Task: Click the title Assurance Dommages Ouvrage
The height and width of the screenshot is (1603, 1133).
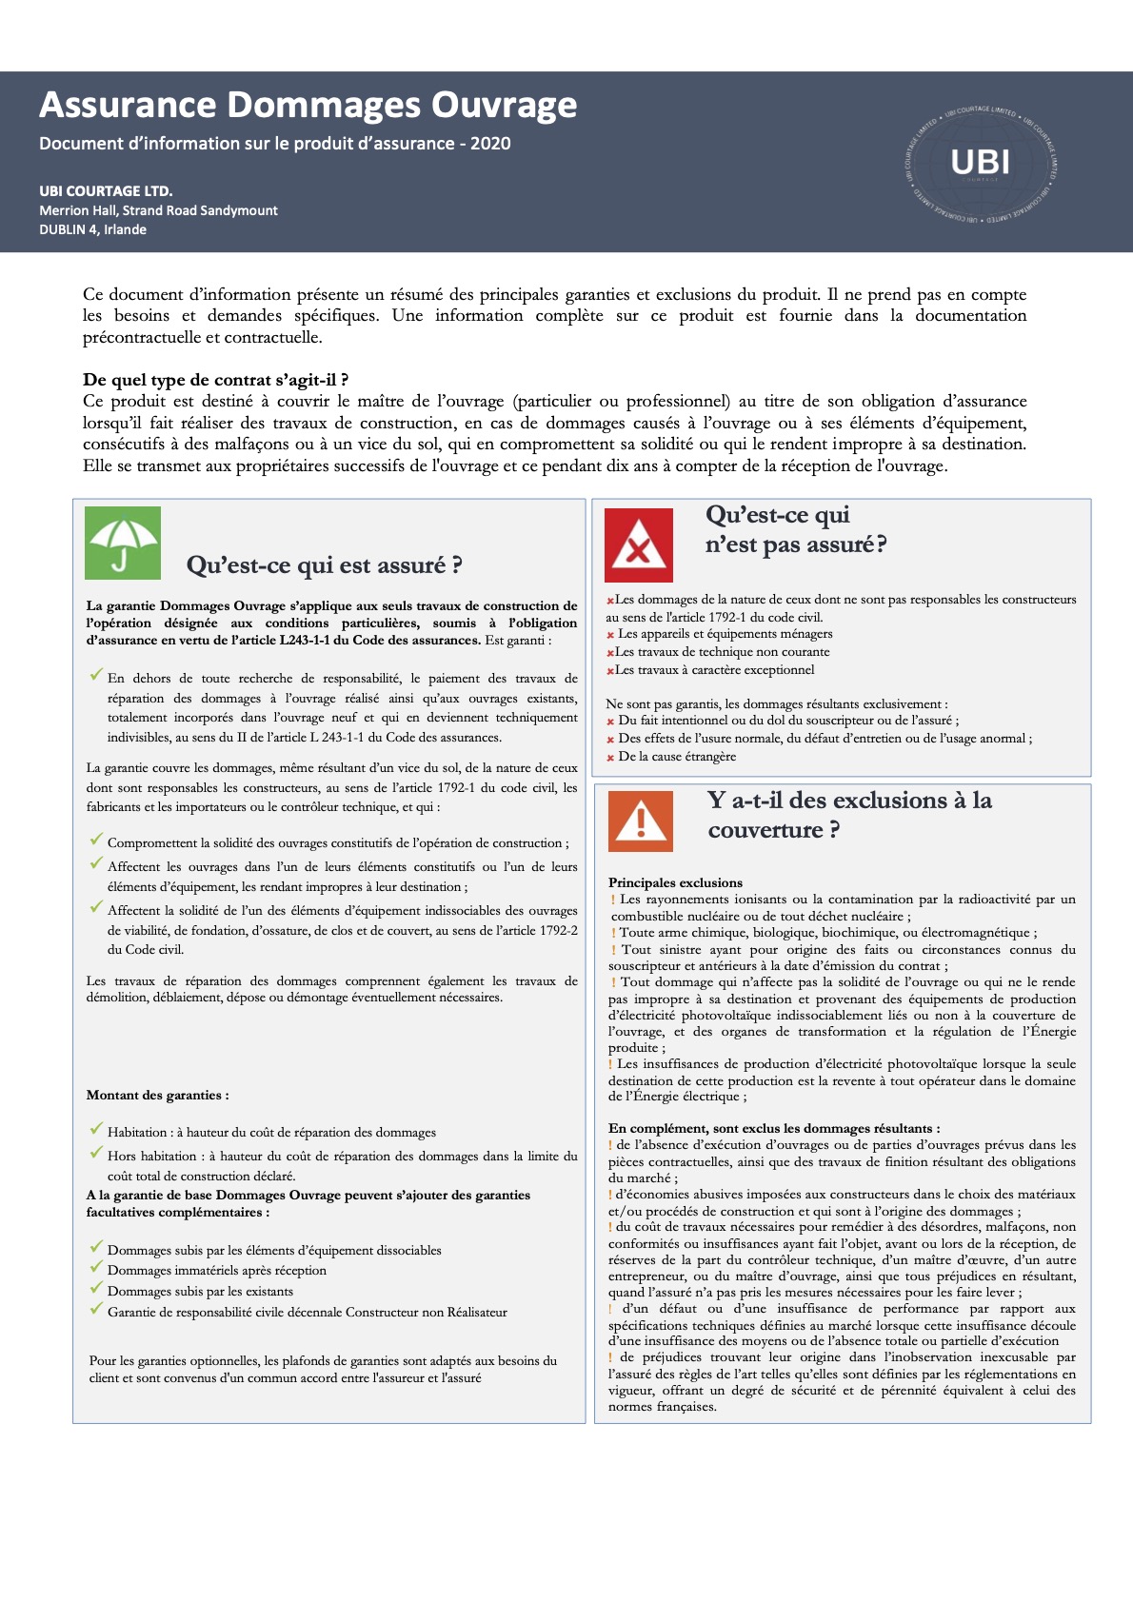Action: (308, 105)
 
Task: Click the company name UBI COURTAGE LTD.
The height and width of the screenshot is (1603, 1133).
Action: (106, 190)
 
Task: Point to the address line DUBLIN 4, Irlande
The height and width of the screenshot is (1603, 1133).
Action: (93, 229)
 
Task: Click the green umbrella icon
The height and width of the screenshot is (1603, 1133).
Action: (123, 544)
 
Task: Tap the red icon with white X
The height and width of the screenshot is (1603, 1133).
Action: (638, 545)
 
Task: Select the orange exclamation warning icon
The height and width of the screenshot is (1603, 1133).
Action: (641, 820)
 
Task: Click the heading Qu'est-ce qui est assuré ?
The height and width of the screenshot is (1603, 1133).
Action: (324, 565)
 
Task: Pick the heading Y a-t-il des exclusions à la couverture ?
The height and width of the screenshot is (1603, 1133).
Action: (848, 815)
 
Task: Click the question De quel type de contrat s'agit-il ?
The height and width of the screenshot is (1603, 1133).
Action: (215, 380)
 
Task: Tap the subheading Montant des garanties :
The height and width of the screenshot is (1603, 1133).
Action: (157, 1095)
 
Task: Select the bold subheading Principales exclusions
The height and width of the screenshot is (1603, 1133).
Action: (675, 882)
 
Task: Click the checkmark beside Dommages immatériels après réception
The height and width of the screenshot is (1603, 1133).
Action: (96, 1268)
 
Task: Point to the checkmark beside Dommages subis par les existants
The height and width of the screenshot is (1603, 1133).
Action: (96, 1289)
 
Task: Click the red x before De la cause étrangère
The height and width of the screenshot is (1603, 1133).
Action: (610, 758)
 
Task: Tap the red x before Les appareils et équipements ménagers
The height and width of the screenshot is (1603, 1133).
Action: (610, 635)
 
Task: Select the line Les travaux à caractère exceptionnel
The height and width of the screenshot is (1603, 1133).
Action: (714, 670)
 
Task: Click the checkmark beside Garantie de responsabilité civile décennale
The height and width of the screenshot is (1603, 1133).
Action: (96, 1310)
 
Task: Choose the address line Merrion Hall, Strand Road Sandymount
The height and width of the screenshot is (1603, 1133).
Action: (159, 210)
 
